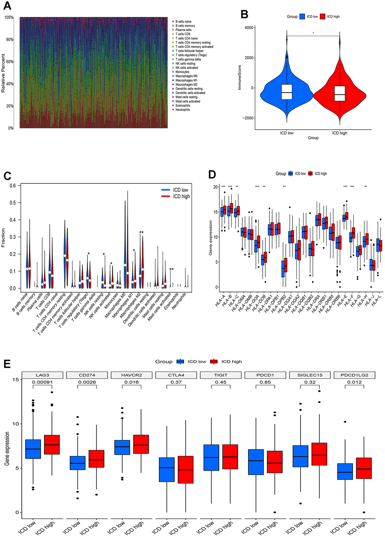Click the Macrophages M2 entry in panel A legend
click(x=186, y=85)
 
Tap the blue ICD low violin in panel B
click(x=287, y=91)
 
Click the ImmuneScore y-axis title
click(x=240, y=77)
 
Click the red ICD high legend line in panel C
click(x=166, y=197)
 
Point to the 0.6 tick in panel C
click(x=13, y=186)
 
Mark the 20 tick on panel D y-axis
click(x=216, y=187)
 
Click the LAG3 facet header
click(x=42, y=375)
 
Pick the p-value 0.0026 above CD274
click(x=87, y=382)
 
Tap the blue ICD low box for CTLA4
click(x=167, y=469)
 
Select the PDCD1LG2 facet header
click(x=354, y=375)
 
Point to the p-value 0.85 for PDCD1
click(x=265, y=382)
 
